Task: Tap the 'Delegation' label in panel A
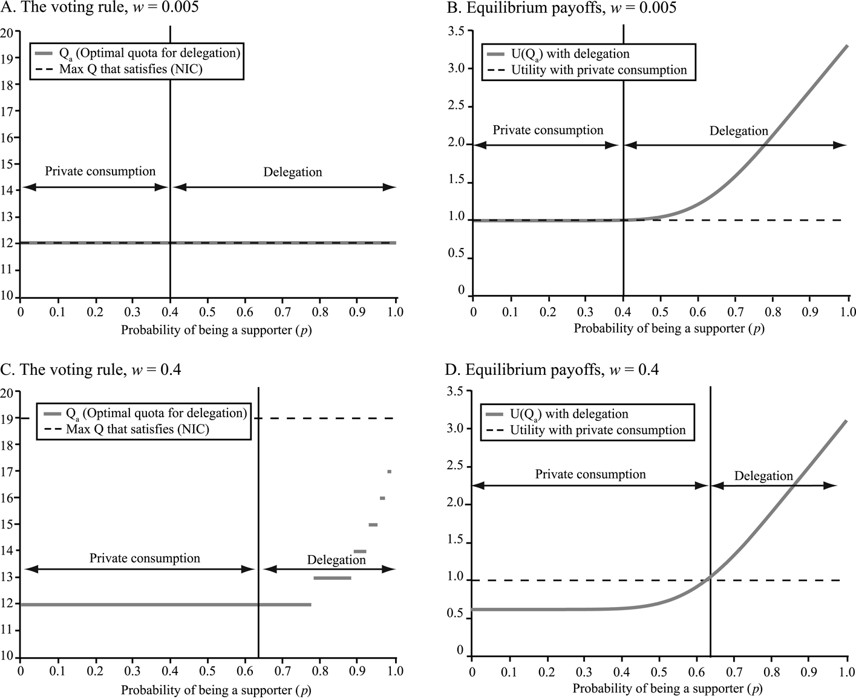[292, 172]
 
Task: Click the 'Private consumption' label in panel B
[547, 130]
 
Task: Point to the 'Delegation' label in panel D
[763, 476]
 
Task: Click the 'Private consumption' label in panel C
[145, 558]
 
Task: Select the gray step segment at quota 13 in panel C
[332, 578]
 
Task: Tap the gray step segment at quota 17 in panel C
[389, 472]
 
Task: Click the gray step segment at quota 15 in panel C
[373, 525]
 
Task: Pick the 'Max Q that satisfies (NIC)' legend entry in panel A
[131, 69]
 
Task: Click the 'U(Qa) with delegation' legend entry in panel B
[570, 54]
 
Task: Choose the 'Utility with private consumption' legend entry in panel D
[598, 430]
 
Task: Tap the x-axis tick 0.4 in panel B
[623, 312]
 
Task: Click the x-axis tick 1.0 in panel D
[847, 672]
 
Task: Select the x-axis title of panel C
[216, 690]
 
